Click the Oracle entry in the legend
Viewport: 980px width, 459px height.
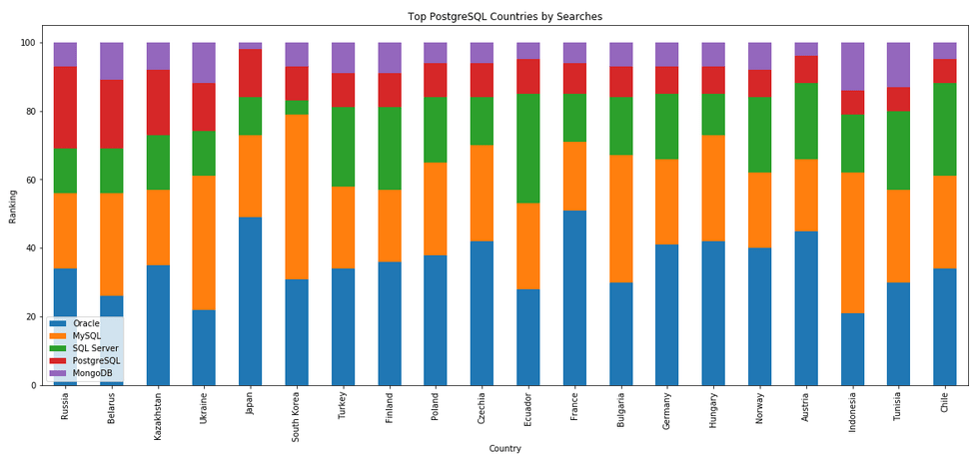86,323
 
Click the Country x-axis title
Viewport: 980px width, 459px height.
504,449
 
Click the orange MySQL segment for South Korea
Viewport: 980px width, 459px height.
297,197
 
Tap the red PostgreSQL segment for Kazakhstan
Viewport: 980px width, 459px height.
158,103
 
